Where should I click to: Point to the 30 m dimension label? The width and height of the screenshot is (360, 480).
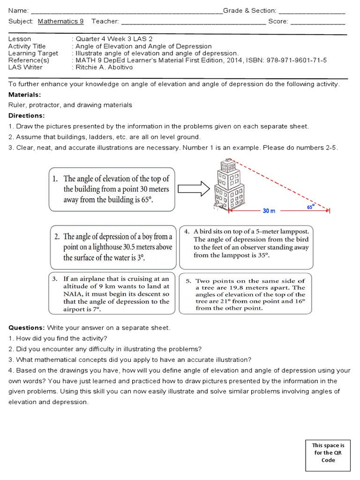[269, 211]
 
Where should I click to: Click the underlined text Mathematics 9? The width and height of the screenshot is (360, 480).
[60, 21]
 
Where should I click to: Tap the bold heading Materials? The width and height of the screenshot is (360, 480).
[25, 95]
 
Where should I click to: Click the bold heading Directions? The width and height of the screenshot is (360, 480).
[27, 115]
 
